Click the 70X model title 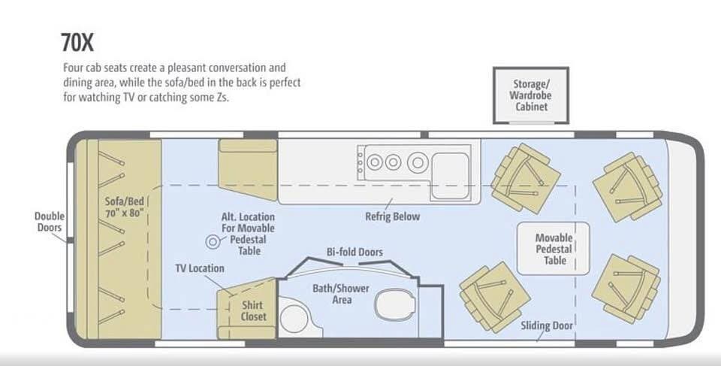[77, 43]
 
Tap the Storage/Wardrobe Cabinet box [531, 95]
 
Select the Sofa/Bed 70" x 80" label [125, 207]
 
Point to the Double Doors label [50, 222]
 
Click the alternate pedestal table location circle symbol [213, 241]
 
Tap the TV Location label [200, 268]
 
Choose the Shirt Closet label [253, 310]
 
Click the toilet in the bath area [395, 304]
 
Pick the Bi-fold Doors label [354, 252]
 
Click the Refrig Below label [393, 216]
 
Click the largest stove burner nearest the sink [418, 162]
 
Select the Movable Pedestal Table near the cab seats [554, 249]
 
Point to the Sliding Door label [547, 326]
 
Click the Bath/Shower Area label [341, 294]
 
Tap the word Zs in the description [221, 98]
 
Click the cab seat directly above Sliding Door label [495, 297]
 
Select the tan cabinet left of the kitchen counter [248, 170]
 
